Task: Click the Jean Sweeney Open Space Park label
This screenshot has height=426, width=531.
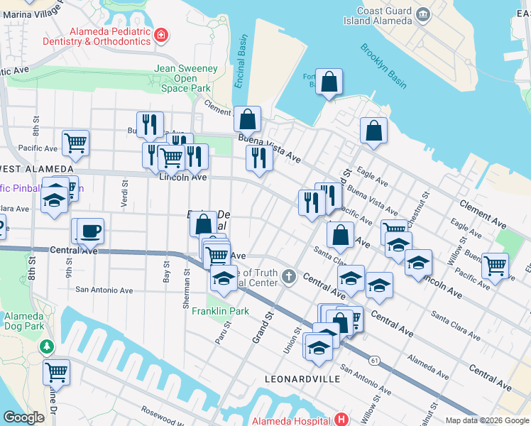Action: (185, 78)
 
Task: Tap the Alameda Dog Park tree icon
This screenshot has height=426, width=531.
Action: (47, 346)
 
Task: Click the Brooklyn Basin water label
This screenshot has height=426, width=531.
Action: (383, 66)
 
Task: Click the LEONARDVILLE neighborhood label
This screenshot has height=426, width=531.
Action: (297, 379)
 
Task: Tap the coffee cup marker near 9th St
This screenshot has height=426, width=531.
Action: (90, 231)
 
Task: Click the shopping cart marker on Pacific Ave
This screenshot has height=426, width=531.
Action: (75, 143)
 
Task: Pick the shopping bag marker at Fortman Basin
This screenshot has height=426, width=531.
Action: (329, 82)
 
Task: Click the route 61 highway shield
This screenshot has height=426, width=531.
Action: (373, 361)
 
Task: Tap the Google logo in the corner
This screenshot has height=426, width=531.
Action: (24, 417)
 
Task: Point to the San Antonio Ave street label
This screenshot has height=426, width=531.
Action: (104, 290)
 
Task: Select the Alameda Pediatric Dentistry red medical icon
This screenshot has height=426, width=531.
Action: (162, 33)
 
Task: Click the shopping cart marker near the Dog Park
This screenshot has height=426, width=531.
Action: (56, 372)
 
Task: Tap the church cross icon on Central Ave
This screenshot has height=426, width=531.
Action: (288, 275)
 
